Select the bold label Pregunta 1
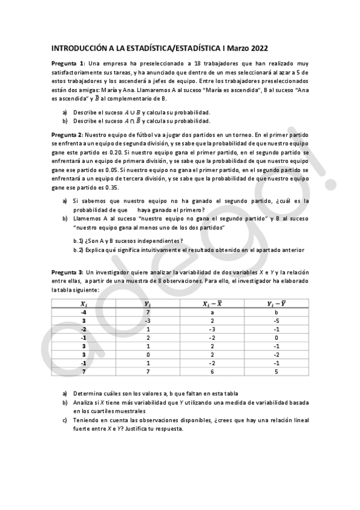click(x=67, y=64)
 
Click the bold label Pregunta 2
click(x=67, y=135)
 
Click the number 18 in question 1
click(x=191, y=64)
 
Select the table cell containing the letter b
click(x=276, y=313)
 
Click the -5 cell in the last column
click(x=276, y=321)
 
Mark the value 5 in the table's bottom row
click(x=276, y=372)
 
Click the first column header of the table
click(x=84, y=304)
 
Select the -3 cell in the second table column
click(x=147, y=321)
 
